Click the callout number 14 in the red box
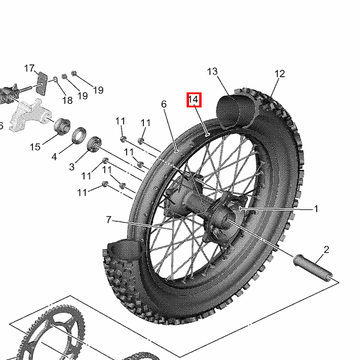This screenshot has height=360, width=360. tap(193, 100)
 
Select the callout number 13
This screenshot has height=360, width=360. tap(212, 71)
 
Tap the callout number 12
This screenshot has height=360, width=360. tap(280, 74)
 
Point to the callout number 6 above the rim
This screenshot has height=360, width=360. tap(164, 104)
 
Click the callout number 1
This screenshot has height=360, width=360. tap(316, 209)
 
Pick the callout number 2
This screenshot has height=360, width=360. tap(326, 250)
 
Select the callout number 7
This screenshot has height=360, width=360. tap(109, 220)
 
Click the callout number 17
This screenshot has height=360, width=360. tap(29, 68)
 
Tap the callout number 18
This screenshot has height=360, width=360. tap(67, 100)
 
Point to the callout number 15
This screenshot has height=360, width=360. tap(35, 147)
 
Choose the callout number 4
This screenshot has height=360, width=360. tap(54, 157)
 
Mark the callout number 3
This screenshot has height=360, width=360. tap(71, 167)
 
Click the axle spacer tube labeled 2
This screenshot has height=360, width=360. tap(313, 268)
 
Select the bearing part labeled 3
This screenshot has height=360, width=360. tap(94, 144)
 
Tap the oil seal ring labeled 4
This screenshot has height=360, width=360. tap(79, 135)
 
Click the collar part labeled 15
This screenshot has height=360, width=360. tap(62, 126)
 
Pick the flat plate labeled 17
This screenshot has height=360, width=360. tap(42, 83)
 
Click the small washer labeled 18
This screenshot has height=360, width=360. tap(55, 79)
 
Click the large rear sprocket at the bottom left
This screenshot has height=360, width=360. tap(50, 333)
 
